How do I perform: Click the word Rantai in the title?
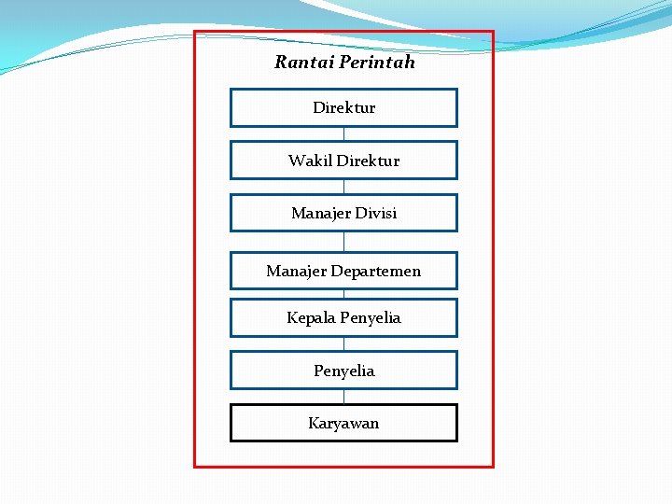[x=304, y=63]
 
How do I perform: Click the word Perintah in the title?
[x=377, y=63]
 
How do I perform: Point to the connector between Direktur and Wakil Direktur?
[x=343, y=133]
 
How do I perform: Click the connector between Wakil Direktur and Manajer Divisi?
[x=343, y=187]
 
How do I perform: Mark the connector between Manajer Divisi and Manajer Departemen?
[x=343, y=242]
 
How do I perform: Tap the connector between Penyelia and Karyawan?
[x=343, y=397]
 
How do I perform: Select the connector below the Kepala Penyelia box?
[x=343, y=343]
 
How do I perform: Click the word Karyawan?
[x=343, y=424]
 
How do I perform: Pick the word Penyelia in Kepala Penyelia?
[x=371, y=318]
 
